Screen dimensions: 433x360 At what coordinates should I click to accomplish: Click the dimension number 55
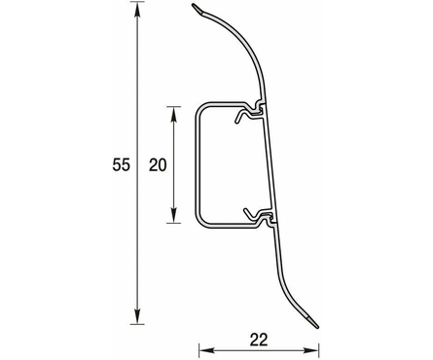point(121,164)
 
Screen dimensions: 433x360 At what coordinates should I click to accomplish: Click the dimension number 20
point(158,164)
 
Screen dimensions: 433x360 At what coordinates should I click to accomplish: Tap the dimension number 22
point(259,340)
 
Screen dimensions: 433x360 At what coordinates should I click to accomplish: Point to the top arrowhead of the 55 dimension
point(137,10)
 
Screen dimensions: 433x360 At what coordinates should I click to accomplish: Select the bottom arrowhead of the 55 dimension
point(137,316)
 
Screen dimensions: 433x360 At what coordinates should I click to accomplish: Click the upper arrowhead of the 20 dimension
point(174,114)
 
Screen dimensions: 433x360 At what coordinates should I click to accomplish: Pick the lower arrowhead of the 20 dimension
point(174,215)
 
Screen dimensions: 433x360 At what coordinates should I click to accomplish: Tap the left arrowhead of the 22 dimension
point(206,350)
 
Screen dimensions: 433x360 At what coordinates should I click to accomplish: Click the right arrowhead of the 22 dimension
point(311,350)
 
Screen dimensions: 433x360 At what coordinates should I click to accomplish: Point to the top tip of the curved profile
point(193,5)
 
